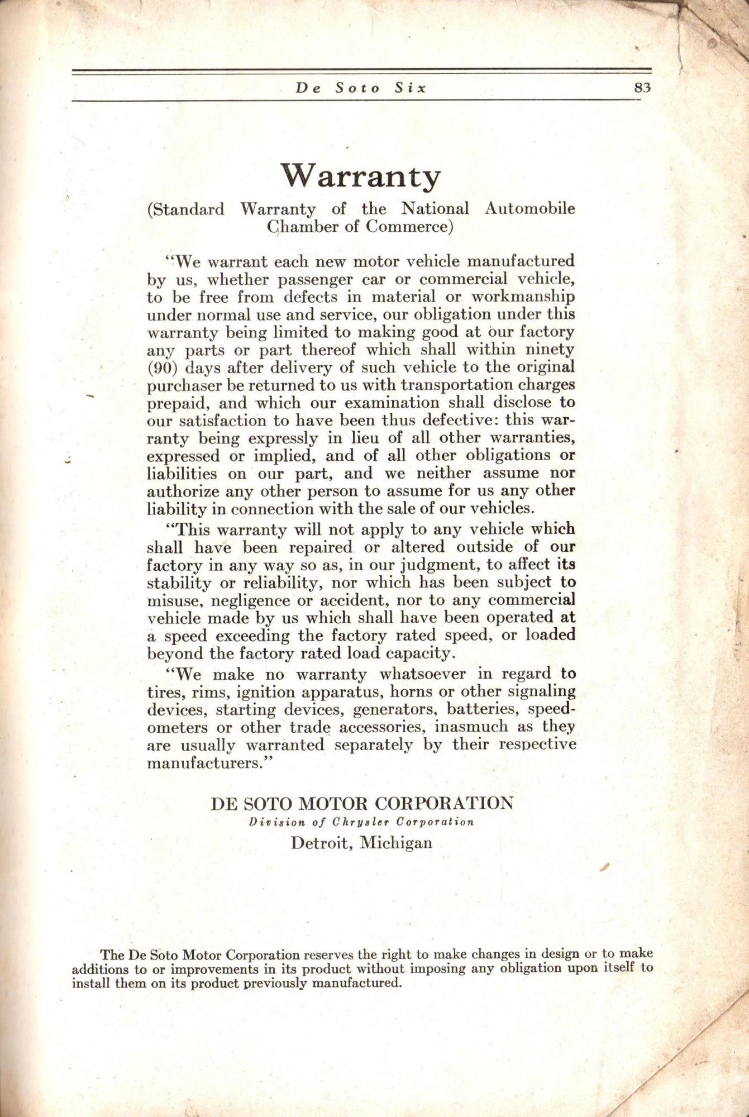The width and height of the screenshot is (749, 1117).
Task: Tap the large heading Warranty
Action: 360,176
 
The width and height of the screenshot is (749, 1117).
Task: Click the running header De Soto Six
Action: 360,88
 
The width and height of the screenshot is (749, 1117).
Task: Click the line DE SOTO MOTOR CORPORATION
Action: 361,804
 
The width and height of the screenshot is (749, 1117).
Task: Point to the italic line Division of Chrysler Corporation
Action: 361,822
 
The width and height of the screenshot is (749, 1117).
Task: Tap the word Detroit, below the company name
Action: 322,842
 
